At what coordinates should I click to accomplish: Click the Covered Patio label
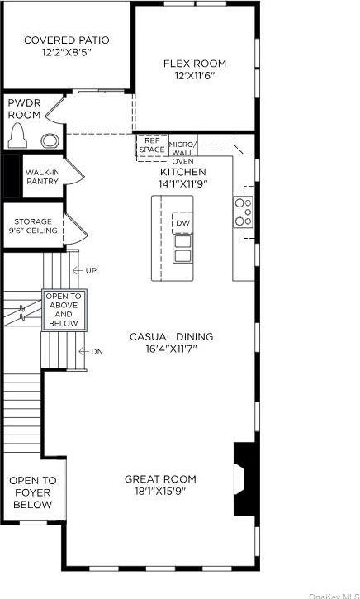click(x=66, y=40)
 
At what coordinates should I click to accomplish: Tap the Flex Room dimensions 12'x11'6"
click(x=194, y=76)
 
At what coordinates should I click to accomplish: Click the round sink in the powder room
click(x=50, y=140)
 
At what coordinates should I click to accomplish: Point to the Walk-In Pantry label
click(x=42, y=176)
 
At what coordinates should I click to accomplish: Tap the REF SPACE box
click(x=152, y=145)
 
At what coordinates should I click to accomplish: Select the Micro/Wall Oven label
click(x=182, y=153)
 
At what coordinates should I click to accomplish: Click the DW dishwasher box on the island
click(x=182, y=223)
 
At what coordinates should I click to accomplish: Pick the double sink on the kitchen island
click(x=182, y=249)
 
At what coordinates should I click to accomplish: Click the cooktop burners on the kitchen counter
click(x=244, y=212)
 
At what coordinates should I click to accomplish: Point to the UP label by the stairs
click(x=91, y=270)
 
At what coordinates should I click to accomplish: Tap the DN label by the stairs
click(x=97, y=351)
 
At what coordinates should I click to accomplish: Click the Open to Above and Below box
click(x=64, y=310)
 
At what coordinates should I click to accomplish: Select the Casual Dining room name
click(x=171, y=336)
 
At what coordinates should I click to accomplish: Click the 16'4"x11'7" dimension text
click(x=171, y=349)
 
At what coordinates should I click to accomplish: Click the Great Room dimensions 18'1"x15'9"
click(x=160, y=492)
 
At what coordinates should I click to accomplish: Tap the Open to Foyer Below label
click(x=34, y=492)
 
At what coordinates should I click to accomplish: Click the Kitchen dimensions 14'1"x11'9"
click(x=182, y=183)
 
